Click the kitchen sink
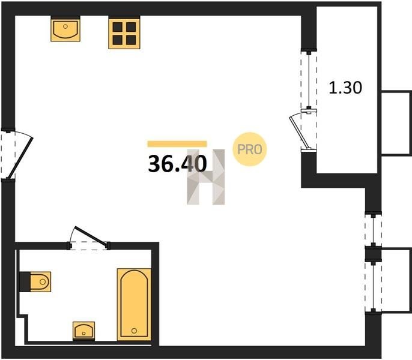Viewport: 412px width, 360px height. click(65, 28)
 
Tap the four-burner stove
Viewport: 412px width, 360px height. click(124, 32)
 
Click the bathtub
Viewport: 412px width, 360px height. click(134, 305)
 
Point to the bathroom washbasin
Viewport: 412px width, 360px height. click(84, 331)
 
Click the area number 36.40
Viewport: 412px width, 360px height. click(177, 164)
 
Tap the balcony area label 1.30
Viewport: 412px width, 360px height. click(345, 88)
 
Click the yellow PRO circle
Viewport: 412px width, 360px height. click(250, 149)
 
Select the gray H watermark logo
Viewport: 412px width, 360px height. click(206, 177)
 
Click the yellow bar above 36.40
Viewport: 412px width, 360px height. click(177, 144)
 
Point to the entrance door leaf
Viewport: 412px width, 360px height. click(20, 158)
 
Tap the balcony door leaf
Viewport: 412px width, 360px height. click(299, 133)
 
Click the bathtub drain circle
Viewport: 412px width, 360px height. click(135, 331)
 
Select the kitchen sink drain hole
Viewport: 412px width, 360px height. click(65, 26)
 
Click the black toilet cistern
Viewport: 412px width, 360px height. click(25, 282)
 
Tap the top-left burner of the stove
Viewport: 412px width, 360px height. click(118, 27)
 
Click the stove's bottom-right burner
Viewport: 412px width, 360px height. click(131, 40)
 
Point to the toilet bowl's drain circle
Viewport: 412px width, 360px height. click(42, 282)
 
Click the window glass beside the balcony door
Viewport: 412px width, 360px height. click(309, 79)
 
